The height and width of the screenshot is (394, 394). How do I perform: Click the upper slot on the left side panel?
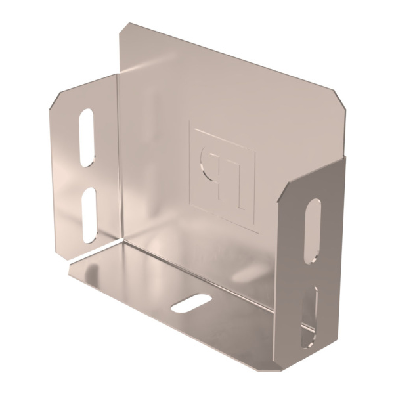point(86,137)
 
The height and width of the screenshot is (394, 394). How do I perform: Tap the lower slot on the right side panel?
point(310,315)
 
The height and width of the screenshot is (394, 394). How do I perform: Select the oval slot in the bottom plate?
point(191,303)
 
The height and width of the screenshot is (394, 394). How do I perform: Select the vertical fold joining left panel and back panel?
point(119,158)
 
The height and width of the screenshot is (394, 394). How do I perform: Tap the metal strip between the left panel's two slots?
point(88,176)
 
